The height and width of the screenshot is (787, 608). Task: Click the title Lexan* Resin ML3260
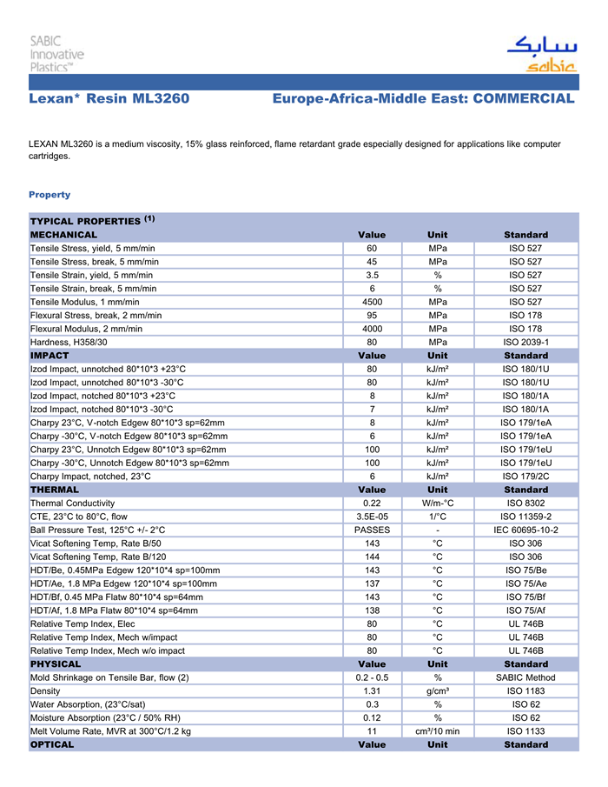click(x=109, y=98)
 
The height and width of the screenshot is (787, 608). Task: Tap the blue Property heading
click(x=50, y=194)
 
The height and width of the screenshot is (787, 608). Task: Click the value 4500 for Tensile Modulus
click(x=372, y=302)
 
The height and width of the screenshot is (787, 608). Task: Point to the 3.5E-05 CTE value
click(x=372, y=517)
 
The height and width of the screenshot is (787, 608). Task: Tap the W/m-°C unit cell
click(x=438, y=503)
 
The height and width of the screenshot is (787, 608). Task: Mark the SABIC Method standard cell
click(x=525, y=677)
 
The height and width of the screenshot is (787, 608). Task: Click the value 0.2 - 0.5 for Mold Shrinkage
click(x=372, y=677)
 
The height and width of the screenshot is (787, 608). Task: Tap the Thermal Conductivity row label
click(x=72, y=503)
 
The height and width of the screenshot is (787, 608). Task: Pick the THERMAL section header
click(x=55, y=490)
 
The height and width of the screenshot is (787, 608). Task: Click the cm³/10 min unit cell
click(x=438, y=731)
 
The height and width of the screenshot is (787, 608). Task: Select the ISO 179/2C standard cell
click(x=525, y=476)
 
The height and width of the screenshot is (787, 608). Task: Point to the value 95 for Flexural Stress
click(x=372, y=315)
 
